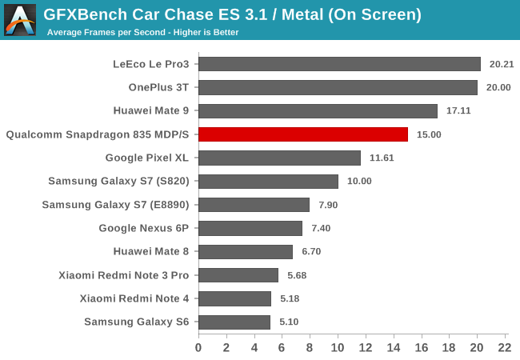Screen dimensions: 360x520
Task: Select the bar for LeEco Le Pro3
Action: coord(339,64)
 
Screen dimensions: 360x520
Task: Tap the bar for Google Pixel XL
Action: coord(279,158)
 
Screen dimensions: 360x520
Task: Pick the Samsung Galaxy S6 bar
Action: coord(234,322)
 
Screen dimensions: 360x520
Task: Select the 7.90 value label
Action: coord(330,205)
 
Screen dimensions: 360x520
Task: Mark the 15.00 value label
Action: coord(429,134)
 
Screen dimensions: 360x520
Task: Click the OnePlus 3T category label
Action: coord(158,87)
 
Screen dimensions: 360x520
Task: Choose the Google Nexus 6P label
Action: coord(144,228)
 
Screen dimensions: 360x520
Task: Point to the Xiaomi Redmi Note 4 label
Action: coord(134,298)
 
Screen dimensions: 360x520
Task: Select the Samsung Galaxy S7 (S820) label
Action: coord(118,182)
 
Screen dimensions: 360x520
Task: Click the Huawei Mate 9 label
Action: coord(151,111)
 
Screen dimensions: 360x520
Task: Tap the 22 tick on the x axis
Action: coord(504,348)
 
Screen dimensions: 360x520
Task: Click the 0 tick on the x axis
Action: coord(198,348)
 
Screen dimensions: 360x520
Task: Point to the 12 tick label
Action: coord(365,348)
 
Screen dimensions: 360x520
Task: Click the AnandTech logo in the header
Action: coord(19,19)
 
